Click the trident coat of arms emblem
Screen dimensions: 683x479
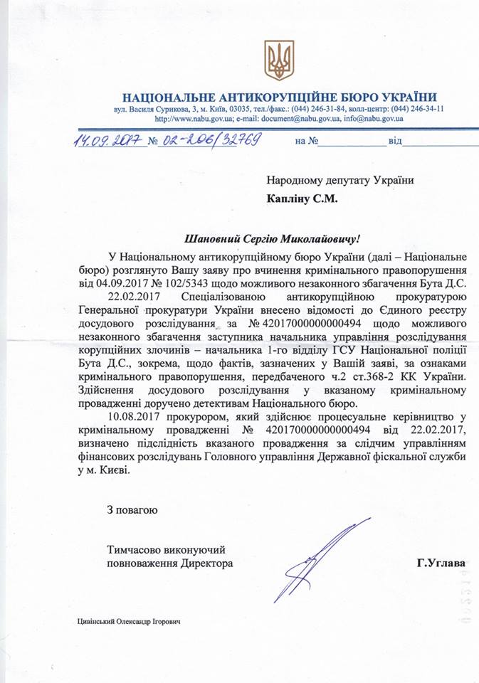(x=279, y=60)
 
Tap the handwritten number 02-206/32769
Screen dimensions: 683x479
(x=211, y=139)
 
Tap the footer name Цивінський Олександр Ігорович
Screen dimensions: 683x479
(x=128, y=621)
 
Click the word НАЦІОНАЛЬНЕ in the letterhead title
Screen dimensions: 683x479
(x=169, y=97)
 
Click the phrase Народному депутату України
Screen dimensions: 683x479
(x=340, y=181)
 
